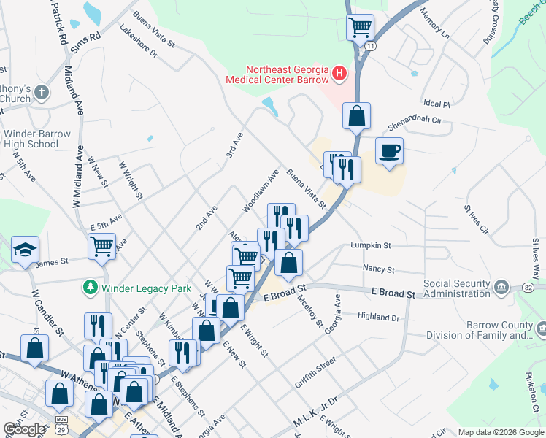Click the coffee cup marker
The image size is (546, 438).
(389, 151)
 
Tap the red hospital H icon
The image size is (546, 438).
(339, 73)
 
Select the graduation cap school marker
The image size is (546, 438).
(24, 250)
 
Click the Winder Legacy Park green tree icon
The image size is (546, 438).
(91, 288)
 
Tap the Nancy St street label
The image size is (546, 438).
(378, 269)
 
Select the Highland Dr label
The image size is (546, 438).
(379, 317)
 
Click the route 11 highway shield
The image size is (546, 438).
(372, 45)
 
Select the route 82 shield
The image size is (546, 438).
(527, 288)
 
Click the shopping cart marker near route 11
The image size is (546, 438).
(360, 27)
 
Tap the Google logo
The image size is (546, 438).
(23, 429)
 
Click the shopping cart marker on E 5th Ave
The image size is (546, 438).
(101, 245)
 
